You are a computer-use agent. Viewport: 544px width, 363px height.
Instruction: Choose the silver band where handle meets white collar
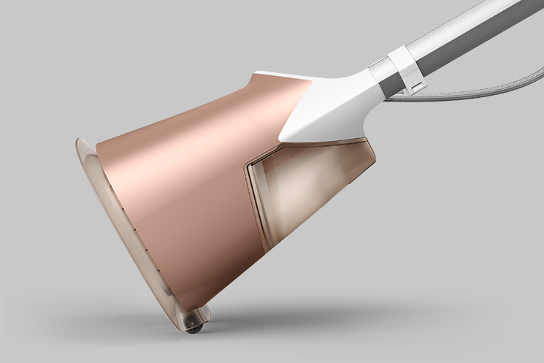point(376,73)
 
